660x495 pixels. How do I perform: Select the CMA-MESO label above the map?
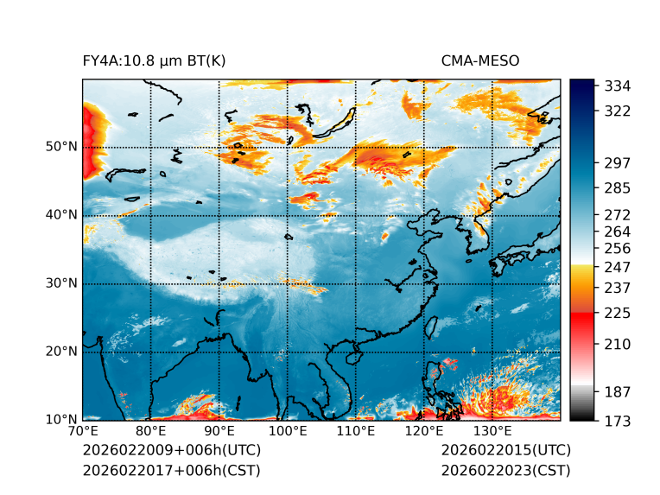479,61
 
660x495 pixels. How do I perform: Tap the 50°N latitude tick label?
62,147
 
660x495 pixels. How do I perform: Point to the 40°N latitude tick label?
62,215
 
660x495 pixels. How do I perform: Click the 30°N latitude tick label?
62,283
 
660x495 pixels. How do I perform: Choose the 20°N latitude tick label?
62,352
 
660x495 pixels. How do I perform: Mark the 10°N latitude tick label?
62,420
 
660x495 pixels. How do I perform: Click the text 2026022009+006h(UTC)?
171,451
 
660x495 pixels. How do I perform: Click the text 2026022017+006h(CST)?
171,471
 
